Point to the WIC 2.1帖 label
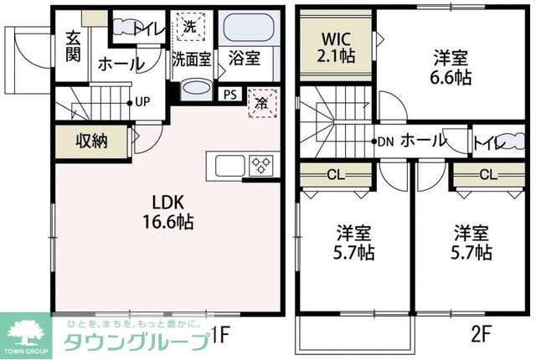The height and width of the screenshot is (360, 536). [335, 48]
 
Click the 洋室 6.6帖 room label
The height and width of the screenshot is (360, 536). [451, 68]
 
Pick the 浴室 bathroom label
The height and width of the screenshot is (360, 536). [245, 59]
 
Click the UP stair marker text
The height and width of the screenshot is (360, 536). [142, 102]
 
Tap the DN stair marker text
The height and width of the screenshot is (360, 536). [386, 141]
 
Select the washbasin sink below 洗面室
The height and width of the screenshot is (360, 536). [197, 89]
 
